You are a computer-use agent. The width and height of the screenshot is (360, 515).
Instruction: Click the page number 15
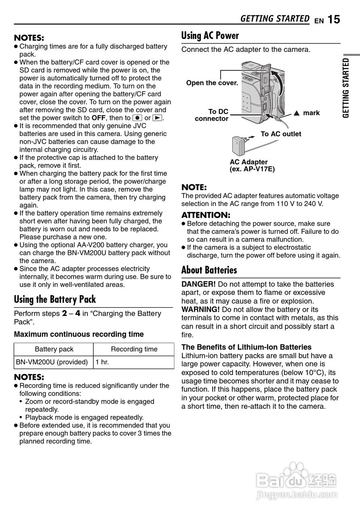[333, 19]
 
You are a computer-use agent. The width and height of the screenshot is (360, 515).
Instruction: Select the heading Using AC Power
[210, 36]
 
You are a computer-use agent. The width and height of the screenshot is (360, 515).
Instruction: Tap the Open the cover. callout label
[212, 83]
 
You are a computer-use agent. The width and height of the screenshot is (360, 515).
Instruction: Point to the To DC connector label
[212, 115]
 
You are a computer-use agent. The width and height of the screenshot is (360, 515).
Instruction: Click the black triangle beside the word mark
[297, 113]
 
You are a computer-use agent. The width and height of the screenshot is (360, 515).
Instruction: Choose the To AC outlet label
[281, 134]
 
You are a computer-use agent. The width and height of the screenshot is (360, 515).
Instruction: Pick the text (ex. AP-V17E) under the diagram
[252, 169]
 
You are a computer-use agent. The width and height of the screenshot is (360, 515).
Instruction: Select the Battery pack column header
[54, 349]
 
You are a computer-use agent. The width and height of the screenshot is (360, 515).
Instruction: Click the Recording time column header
[134, 349]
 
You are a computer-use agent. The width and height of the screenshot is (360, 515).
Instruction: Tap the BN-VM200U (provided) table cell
[52, 362]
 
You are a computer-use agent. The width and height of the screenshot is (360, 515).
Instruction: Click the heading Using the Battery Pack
[55, 299]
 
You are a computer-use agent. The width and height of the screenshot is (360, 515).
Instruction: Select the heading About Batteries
[209, 270]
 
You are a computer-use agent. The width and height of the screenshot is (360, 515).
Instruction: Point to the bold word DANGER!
[199, 284]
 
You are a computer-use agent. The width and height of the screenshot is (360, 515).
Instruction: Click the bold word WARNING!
[201, 309]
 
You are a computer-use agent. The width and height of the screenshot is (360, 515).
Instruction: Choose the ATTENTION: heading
[206, 215]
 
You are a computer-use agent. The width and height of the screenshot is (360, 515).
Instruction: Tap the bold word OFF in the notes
[98, 118]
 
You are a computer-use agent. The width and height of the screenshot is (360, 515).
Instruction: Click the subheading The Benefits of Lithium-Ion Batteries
[246, 347]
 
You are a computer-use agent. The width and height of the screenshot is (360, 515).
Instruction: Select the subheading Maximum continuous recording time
[79, 334]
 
